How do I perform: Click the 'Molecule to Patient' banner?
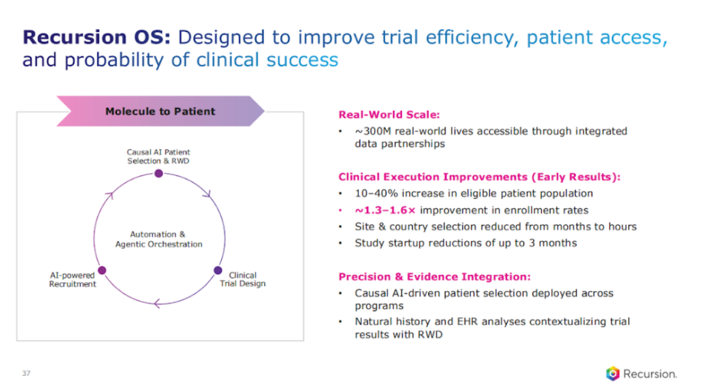(160, 111)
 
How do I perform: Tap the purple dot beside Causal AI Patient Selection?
(159, 173)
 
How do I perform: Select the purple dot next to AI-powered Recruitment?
(102, 270)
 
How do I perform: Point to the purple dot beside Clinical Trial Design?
(218, 270)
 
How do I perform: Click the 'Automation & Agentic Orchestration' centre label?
(158, 239)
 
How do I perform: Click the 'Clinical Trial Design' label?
(243, 279)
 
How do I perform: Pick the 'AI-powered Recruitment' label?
(73, 279)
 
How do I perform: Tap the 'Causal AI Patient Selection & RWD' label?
(158, 156)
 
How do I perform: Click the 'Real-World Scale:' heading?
(389, 114)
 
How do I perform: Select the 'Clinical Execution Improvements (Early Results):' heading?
(479, 177)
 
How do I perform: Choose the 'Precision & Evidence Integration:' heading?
(434, 277)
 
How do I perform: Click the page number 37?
(26, 373)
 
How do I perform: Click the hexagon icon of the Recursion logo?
(613, 373)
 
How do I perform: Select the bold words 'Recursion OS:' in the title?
(97, 37)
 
